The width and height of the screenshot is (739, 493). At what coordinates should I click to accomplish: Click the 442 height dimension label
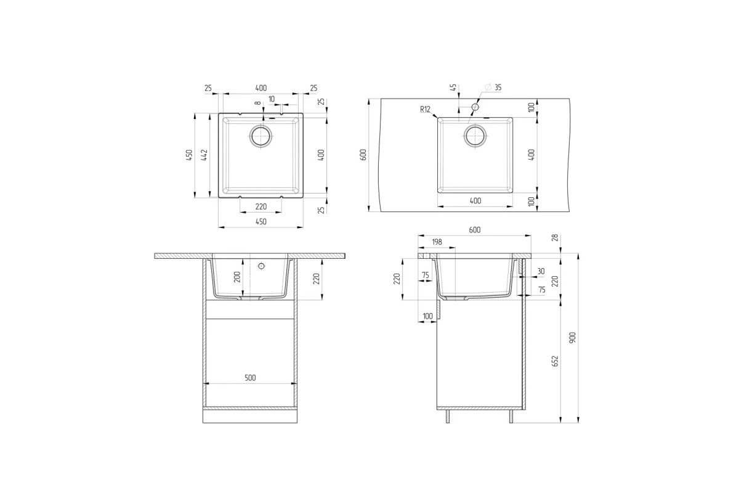[x=204, y=155]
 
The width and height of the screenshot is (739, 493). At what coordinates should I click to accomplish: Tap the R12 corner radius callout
[x=426, y=109]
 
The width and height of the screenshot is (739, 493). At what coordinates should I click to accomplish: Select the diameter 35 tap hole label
[x=493, y=87]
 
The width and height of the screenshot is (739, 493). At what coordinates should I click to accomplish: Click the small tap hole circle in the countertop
[x=475, y=107]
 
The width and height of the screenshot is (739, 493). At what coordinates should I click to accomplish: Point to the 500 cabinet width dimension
[x=250, y=378]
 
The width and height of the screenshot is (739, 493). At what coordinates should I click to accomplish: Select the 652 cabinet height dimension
[x=555, y=361]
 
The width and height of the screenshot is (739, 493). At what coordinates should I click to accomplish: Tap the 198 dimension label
[x=437, y=242]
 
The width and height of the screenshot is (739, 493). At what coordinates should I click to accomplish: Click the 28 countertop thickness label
[x=555, y=237]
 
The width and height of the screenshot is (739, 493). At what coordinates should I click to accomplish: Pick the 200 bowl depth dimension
[x=237, y=277]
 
